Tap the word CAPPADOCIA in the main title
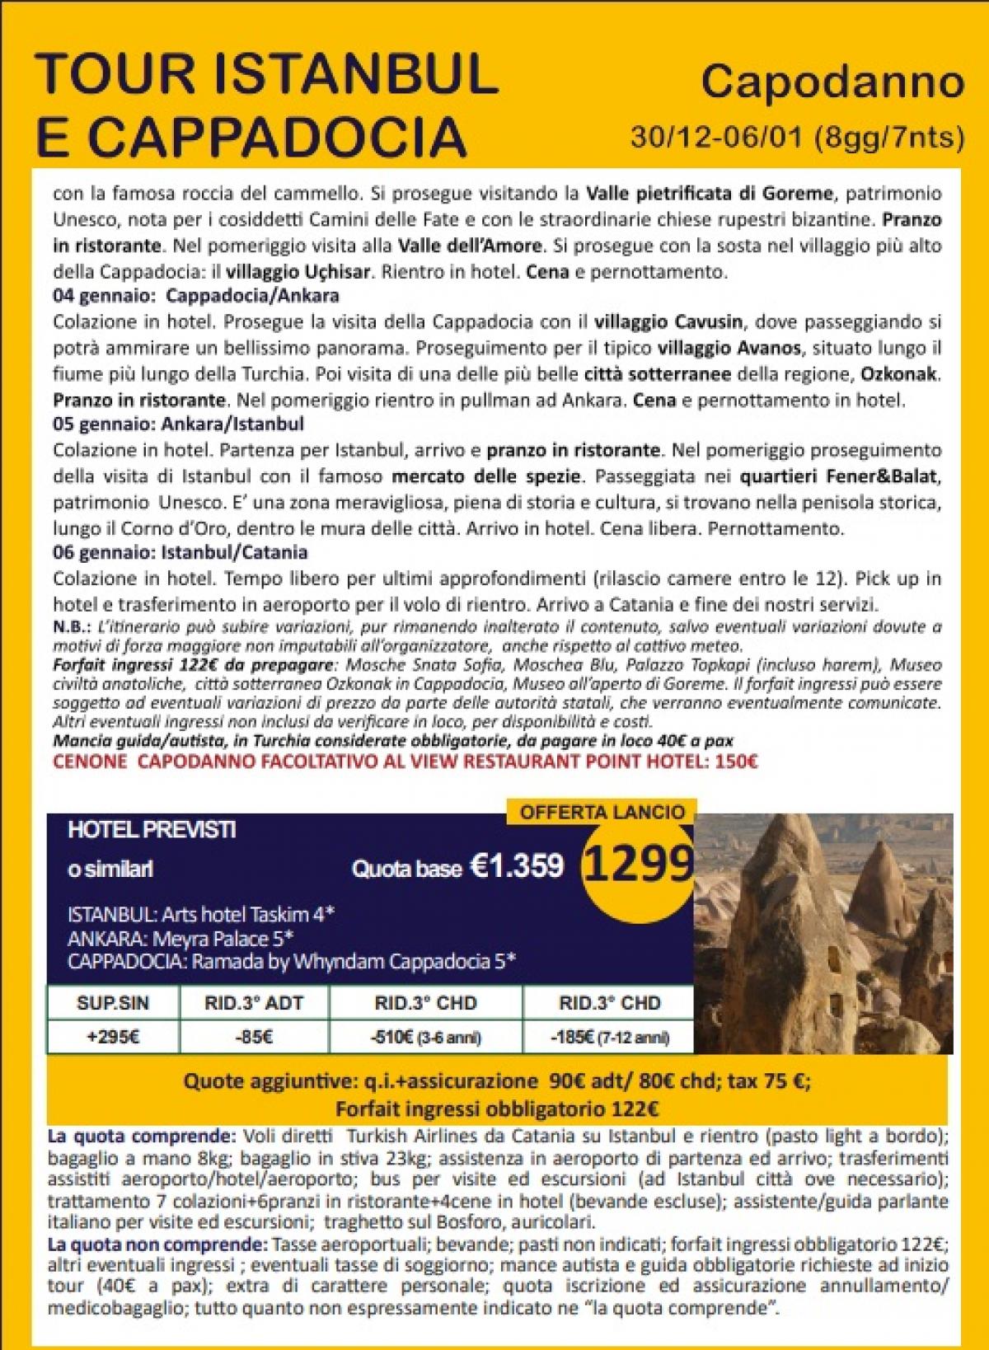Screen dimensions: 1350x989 point(278,134)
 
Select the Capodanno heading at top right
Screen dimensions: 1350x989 point(832,82)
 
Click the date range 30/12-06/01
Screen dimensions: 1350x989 point(717,137)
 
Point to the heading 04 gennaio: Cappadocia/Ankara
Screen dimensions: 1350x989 point(196,296)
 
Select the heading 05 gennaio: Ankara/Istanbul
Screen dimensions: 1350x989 point(178,424)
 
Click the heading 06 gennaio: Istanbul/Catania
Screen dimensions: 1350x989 point(180,553)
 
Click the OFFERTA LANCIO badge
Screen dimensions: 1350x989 point(602,812)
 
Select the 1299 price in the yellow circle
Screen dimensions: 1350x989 point(637,864)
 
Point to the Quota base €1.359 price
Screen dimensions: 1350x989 point(457,867)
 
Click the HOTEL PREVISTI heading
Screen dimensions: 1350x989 point(152,830)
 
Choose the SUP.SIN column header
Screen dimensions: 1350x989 point(113,1003)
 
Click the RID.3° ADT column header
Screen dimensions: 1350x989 point(253,1003)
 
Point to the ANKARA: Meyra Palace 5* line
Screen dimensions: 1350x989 point(181,939)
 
